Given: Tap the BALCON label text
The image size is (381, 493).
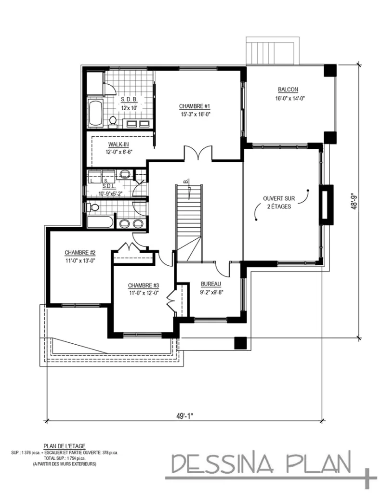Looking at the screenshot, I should (288, 90).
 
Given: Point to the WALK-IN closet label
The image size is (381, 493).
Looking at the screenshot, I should (118, 144).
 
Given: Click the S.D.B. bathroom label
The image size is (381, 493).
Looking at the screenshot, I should (129, 100).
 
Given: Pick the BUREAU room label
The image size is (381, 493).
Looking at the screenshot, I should (210, 284).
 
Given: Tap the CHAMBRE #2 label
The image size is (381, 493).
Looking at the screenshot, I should (80, 252).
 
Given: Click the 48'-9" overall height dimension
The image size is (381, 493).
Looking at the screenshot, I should (355, 199).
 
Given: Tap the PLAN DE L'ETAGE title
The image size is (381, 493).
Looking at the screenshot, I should (64, 446).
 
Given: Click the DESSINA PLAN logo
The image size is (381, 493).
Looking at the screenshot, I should (263, 463).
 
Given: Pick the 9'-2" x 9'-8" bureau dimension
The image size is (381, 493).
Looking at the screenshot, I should (210, 292).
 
